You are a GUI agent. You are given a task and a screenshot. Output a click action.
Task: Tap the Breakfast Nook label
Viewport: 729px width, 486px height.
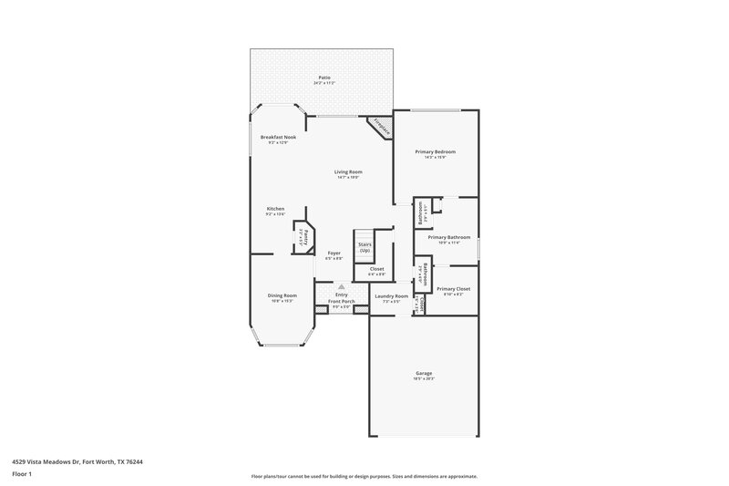click(278, 137)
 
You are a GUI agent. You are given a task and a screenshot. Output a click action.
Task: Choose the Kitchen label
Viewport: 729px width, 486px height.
click(275, 209)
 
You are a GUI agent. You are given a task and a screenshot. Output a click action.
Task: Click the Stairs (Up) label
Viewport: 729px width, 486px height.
click(364, 246)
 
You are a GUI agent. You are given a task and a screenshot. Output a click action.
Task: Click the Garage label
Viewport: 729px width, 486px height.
click(425, 373)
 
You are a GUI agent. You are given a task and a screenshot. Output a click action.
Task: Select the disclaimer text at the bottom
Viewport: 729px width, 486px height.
click(364, 476)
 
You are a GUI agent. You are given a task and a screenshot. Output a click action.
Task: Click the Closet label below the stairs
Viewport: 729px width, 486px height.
click(375, 269)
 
